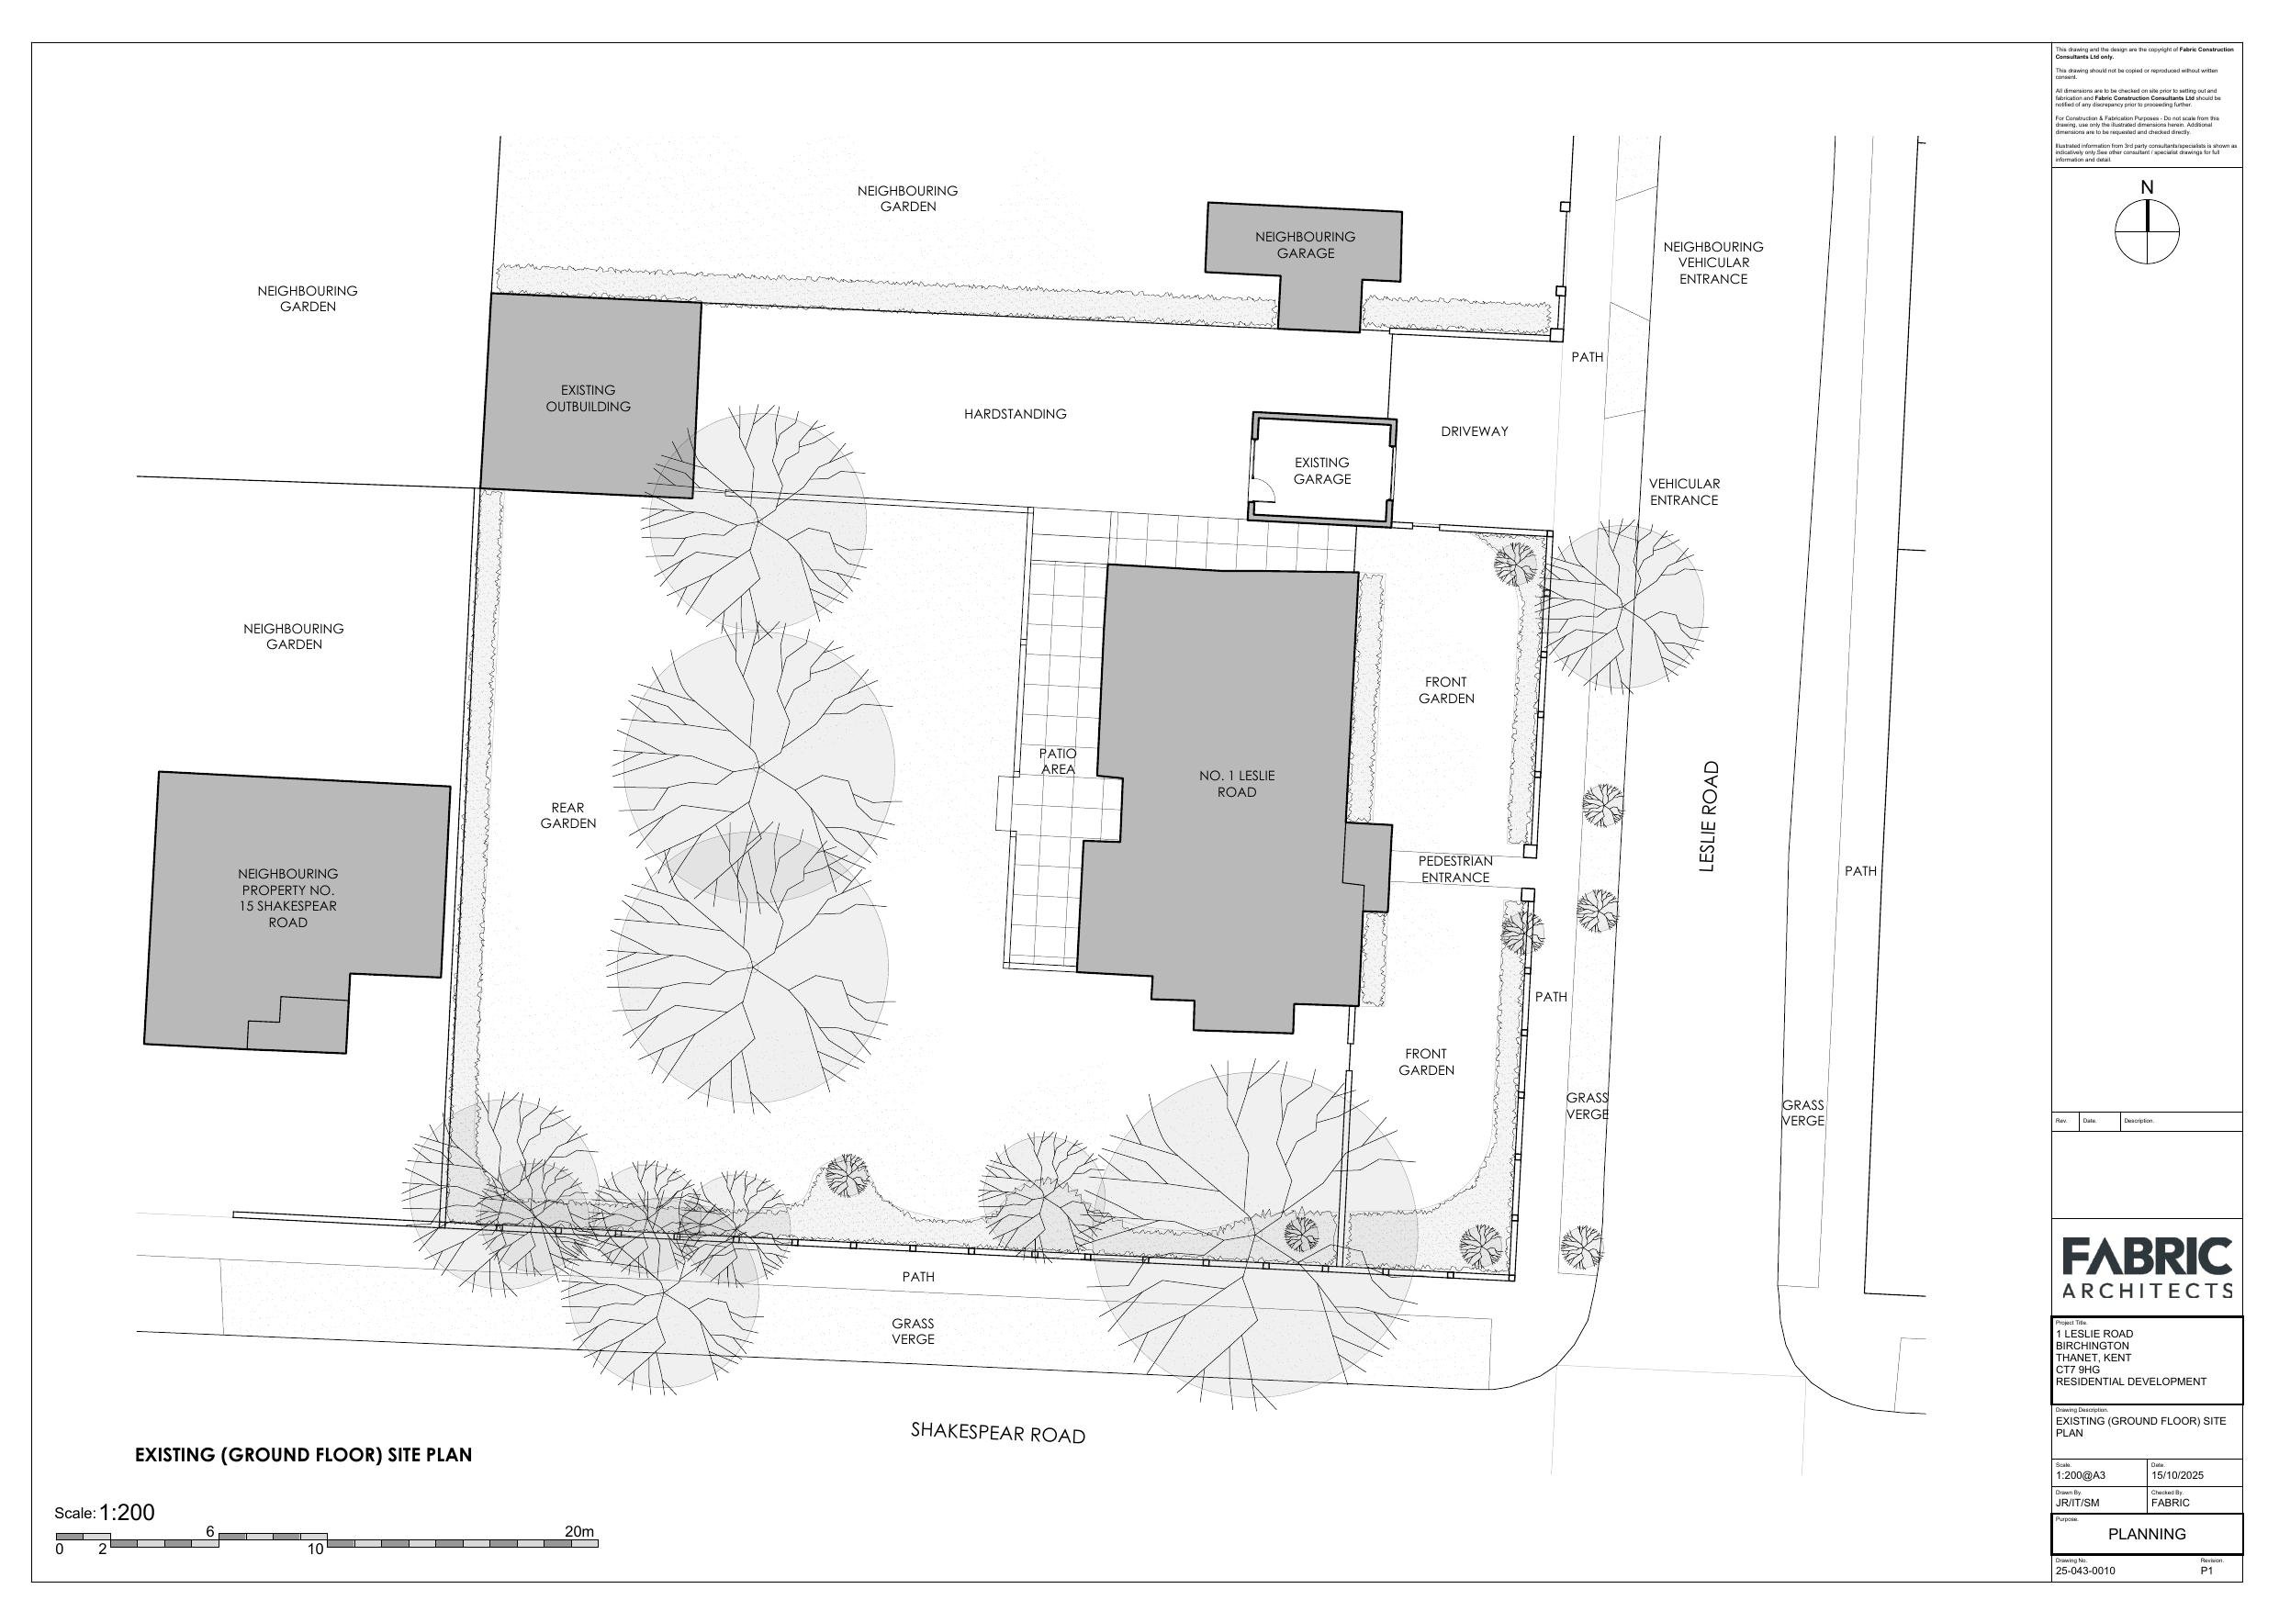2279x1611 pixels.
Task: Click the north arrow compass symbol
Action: click(x=2147, y=231)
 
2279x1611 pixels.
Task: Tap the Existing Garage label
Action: click(x=1321, y=471)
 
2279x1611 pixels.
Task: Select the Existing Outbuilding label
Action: click(x=588, y=398)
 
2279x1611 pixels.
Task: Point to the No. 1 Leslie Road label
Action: click(x=1237, y=783)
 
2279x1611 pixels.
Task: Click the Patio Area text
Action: click(x=1057, y=761)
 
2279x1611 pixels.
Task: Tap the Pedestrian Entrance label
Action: click(x=1455, y=869)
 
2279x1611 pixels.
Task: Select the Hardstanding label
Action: click(x=1015, y=414)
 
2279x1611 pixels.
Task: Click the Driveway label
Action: click(x=1474, y=431)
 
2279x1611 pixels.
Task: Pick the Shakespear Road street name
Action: click(x=997, y=1433)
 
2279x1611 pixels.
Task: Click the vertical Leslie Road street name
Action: click(x=1707, y=817)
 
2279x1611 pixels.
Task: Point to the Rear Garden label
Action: click(x=567, y=815)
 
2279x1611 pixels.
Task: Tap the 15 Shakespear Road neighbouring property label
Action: click(x=287, y=898)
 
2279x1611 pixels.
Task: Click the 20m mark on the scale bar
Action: click(x=579, y=1531)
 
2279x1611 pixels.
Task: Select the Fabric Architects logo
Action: click(x=2147, y=1267)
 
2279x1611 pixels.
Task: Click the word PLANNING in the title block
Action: click(x=2147, y=1534)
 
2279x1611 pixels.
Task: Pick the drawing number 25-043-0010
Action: click(x=2084, y=1572)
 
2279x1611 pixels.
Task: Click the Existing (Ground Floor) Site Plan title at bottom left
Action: click(x=304, y=1455)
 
